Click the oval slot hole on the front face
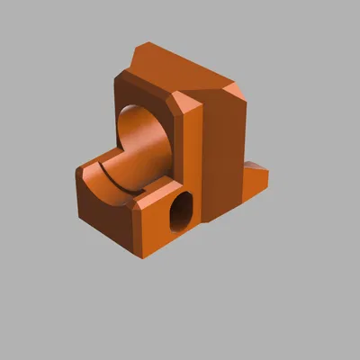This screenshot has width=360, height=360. point(181,210)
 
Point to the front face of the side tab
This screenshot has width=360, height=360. point(256,185)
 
